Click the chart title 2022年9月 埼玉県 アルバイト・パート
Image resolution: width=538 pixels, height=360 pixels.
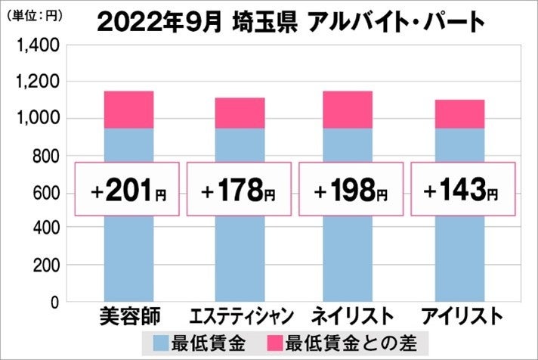[290, 22]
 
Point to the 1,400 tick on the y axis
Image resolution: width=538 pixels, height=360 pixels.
[38, 47]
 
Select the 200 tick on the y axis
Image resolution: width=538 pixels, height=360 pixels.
[45, 266]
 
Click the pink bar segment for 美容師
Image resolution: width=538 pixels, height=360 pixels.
[128, 110]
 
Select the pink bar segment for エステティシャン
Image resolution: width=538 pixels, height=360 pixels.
[240, 113]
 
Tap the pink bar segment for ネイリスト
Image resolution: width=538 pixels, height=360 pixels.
[348, 110]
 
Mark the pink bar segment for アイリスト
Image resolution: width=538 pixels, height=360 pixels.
[459, 114]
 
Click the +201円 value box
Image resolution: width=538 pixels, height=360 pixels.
[128, 189]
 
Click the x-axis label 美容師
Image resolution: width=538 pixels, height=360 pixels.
[128, 316]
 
